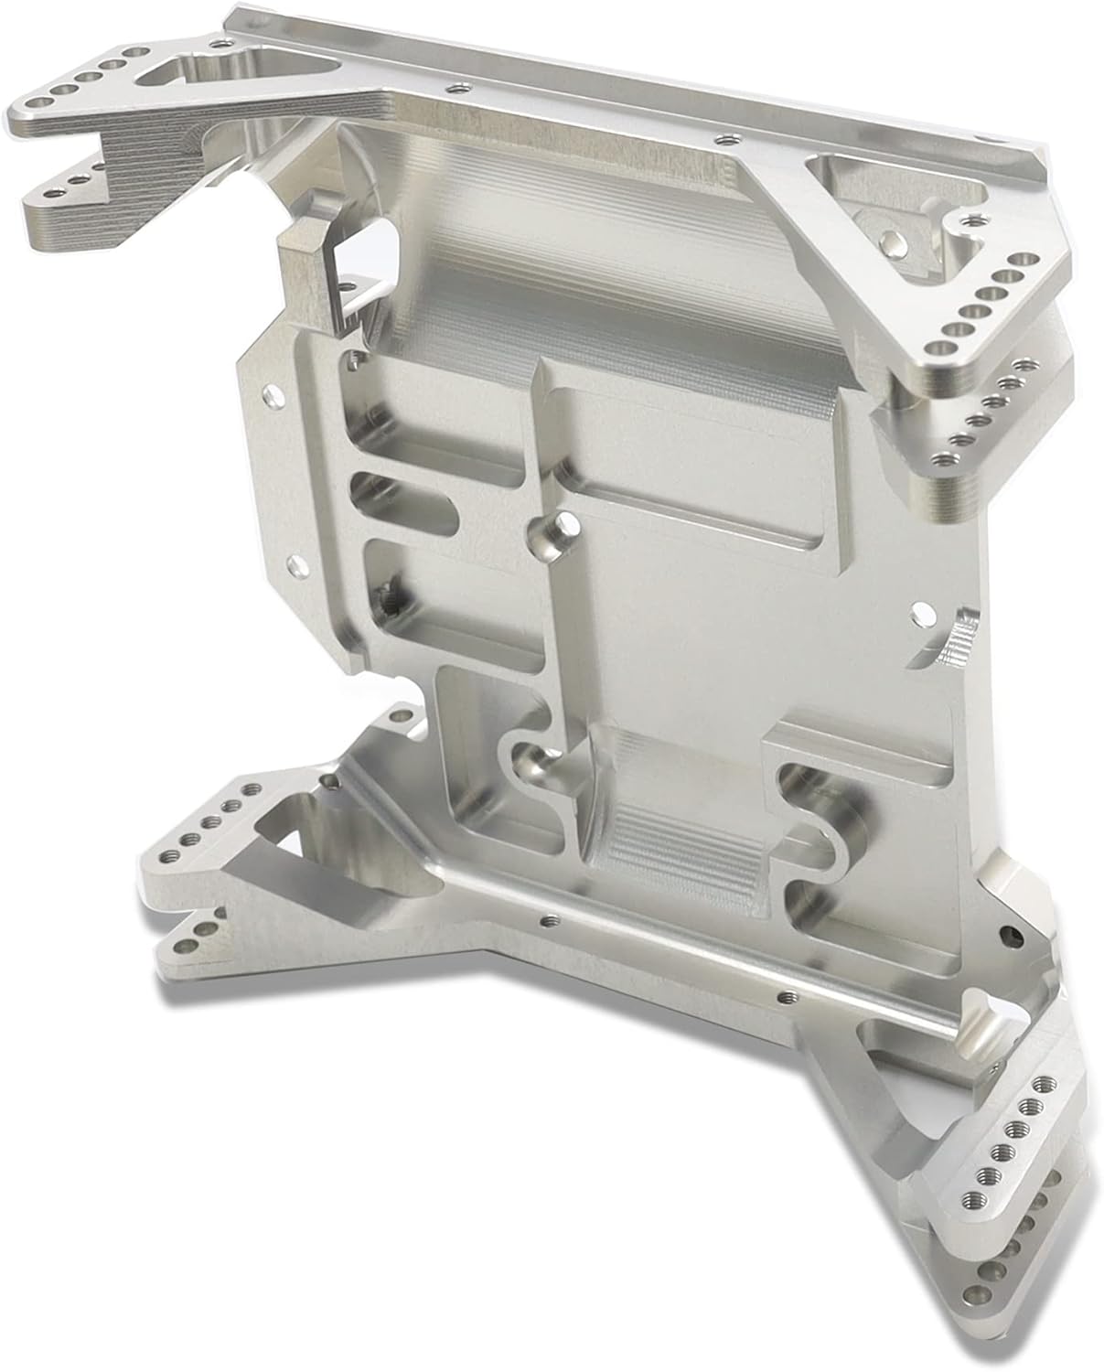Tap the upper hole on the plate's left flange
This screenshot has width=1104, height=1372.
(270, 396)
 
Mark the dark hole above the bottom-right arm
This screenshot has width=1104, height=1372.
(1008, 934)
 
